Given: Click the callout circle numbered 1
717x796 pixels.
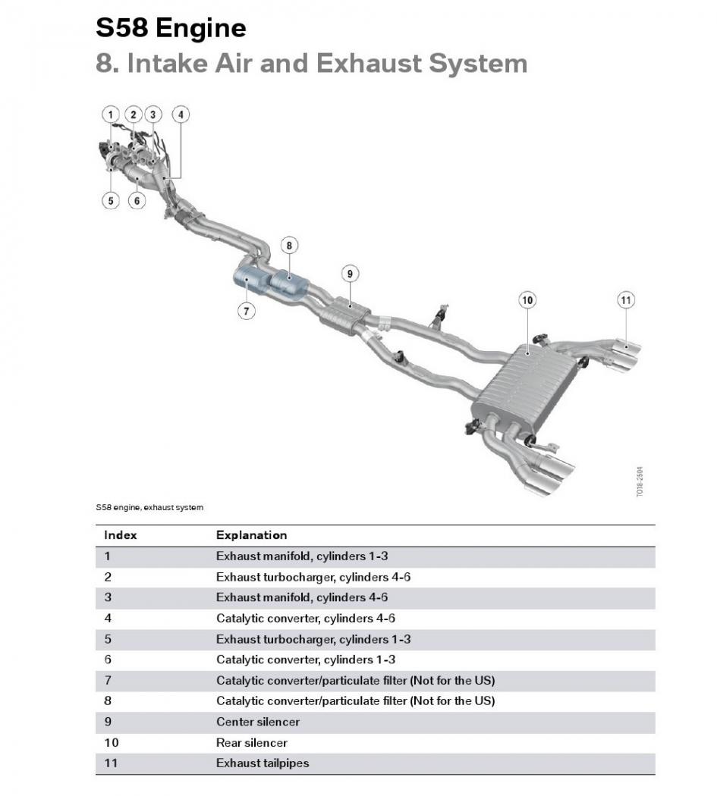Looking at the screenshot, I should point(111,114).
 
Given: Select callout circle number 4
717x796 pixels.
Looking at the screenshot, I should point(181,114).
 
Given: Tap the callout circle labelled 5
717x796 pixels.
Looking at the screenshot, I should point(111,201).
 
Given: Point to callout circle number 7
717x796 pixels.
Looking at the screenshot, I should point(246,310).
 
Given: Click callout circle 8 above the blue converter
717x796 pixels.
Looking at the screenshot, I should point(288,245).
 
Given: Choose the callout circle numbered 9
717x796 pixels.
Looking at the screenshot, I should point(349,274).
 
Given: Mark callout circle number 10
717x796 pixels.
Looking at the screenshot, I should point(527,300).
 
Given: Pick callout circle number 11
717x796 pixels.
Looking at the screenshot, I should point(625,300).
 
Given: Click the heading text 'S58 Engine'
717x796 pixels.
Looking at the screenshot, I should point(171,29).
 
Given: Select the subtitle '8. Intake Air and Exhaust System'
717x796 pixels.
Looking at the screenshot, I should point(311,64).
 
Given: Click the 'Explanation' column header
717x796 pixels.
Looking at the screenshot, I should point(251,535).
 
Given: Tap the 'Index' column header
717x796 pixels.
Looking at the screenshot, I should point(121,535).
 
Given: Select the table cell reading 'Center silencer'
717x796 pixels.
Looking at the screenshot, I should point(258,722).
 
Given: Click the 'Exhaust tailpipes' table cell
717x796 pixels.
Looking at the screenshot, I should point(263,763).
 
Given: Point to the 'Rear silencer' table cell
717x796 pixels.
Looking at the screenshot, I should point(252,743).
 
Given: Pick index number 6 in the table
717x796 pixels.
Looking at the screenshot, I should point(108,660).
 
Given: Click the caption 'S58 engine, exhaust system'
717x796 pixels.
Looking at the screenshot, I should point(149,507).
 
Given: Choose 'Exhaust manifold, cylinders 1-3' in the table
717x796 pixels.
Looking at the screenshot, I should point(302,556).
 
